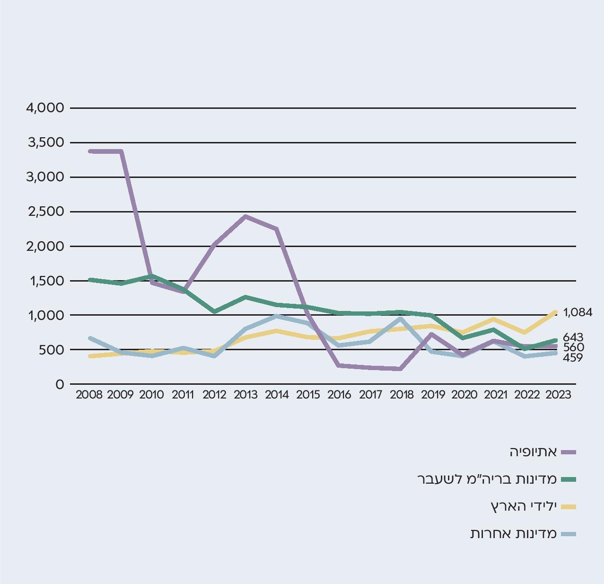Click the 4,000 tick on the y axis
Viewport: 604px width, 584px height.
pyautogui.click(x=45, y=108)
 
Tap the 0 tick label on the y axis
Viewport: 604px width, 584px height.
pyautogui.click(x=59, y=384)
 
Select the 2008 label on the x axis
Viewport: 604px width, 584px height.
pyautogui.click(x=89, y=395)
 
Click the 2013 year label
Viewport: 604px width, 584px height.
pyautogui.click(x=245, y=395)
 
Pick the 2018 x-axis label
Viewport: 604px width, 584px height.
pyautogui.click(x=402, y=395)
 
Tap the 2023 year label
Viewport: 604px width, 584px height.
pyautogui.click(x=558, y=395)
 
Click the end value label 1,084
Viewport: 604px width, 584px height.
pyautogui.click(x=578, y=312)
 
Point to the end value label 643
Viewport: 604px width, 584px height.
pyautogui.click(x=573, y=337)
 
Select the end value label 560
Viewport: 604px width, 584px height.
pyautogui.click(x=573, y=347)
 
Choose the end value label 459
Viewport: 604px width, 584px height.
pyautogui.click(x=572, y=358)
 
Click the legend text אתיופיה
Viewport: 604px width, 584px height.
pyautogui.click(x=533, y=452)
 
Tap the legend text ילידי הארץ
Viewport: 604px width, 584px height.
pyautogui.click(x=524, y=506)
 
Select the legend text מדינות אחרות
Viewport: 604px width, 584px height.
pyautogui.click(x=513, y=534)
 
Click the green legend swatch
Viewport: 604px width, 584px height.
pyautogui.click(x=569, y=479)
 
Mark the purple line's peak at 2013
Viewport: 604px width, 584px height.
pyautogui.click(x=245, y=217)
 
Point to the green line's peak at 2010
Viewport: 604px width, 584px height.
pyautogui.click(x=151, y=276)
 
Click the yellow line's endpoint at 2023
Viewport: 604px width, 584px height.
pyautogui.click(x=555, y=312)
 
